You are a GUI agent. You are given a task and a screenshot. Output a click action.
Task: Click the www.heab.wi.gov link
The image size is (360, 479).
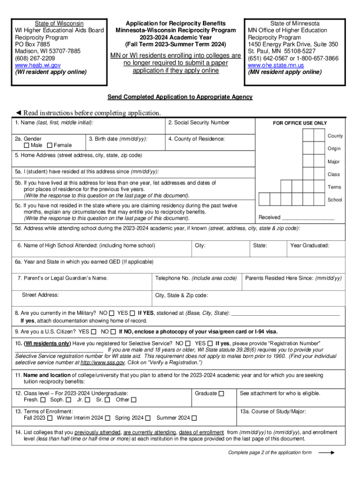click(38, 65)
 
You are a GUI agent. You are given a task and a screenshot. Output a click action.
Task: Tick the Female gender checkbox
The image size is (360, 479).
click(50, 145)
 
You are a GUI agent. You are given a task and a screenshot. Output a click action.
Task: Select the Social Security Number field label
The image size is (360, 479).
click(199, 123)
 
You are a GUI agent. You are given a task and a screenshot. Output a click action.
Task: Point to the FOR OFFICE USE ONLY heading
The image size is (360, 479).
click(300, 123)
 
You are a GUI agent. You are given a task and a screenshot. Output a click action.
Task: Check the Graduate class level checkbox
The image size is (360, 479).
click(221, 393)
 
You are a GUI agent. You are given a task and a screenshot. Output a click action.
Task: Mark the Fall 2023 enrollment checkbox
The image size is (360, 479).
click(49, 418)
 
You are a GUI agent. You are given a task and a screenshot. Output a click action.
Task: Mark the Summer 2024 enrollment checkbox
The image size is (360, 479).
click(194, 418)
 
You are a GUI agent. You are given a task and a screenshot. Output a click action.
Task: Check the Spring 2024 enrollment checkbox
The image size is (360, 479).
click(148, 418)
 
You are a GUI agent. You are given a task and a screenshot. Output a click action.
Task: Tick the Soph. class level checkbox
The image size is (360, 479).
click(69, 400)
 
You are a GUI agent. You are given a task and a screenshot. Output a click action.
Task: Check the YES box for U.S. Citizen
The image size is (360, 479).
click(94, 332)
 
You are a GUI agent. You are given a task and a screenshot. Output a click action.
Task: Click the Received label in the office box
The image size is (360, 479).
click(269, 217)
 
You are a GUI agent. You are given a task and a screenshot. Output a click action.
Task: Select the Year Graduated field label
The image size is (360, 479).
click(310, 246)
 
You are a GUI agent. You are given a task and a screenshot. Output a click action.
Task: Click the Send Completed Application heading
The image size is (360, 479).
click(180, 97)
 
